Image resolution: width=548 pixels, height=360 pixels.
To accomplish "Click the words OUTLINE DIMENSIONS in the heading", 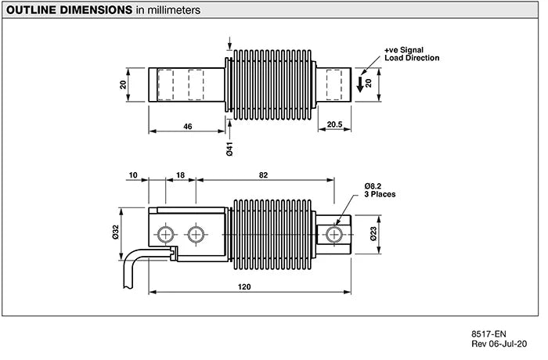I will click(68, 11).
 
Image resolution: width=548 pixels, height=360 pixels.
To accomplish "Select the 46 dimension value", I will click(187, 124).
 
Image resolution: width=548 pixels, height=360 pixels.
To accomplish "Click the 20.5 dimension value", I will click(334, 124).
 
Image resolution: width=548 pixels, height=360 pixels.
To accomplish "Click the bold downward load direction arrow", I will click(360, 84).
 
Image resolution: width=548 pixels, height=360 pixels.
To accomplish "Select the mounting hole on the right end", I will click(334, 234).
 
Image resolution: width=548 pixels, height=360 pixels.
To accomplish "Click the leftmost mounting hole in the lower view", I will click(165, 234).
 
